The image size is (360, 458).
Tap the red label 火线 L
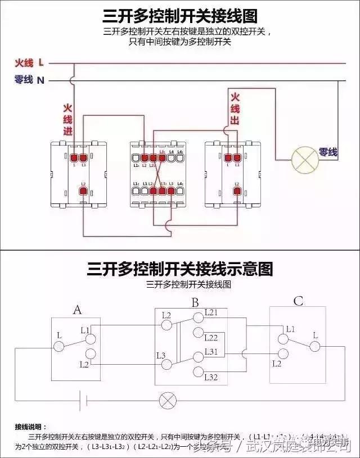(30, 63)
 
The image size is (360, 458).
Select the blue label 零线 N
(30, 80)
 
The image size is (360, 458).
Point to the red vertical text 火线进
(67, 119)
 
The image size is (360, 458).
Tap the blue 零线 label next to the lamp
(328, 152)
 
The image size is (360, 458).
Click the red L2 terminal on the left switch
(83, 192)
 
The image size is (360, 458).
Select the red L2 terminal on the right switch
(237, 192)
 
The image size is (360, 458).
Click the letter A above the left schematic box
(78, 309)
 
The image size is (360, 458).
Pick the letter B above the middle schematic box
(195, 303)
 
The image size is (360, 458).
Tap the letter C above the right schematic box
(298, 302)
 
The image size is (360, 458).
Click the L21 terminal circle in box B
(197, 318)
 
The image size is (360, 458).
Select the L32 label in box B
(211, 377)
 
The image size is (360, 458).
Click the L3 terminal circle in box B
(167, 364)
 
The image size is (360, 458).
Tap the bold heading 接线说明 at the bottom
(31, 427)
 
